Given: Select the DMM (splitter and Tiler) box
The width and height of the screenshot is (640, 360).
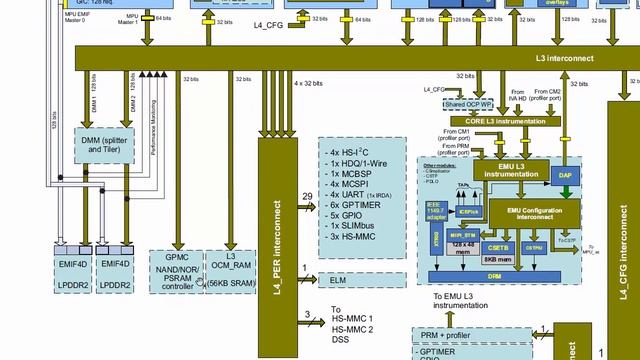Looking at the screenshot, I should pyautogui.click(x=105, y=147).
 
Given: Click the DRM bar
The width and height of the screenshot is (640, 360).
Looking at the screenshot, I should pyautogui.click(x=493, y=274).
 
